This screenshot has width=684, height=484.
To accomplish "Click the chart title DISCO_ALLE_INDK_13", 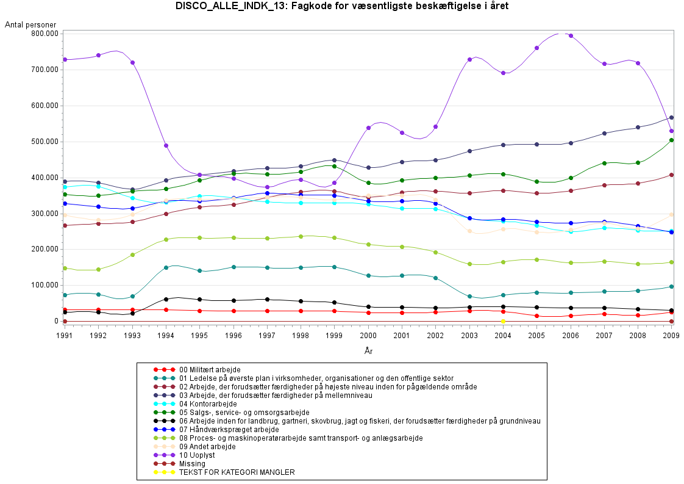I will click(x=341, y=7).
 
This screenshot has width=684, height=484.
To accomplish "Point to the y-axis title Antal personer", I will click(x=30, y=24).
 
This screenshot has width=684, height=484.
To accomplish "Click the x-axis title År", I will click(x=368, y=351).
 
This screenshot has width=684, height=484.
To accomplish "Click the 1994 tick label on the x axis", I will click(x=166, y=335).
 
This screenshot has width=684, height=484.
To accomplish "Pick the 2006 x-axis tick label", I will click(x=570, y=335).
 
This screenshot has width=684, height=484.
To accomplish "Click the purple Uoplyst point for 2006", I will click(x=571, y=35).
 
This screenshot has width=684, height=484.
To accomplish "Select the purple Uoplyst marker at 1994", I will click(x=166, y=145).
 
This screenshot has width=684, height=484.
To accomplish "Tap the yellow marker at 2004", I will click(x=503, y=321).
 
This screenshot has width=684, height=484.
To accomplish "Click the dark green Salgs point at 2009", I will click(x=671, y=140).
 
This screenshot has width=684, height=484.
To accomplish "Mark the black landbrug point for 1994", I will click(x=166, y=299).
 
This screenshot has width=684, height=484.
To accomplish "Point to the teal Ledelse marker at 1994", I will click(x=166, y=267).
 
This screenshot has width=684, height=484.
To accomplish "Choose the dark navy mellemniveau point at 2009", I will click(x=671, y=117).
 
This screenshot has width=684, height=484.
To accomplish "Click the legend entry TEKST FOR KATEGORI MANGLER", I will click(x=237, y=472).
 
